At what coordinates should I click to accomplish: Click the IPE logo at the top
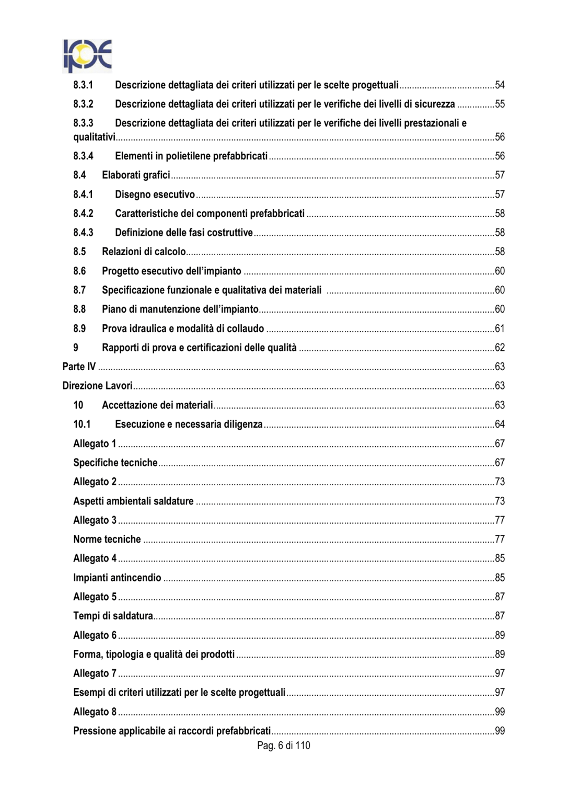(x=87, y=56)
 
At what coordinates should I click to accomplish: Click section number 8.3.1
(x=83, y=85)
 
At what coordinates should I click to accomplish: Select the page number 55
(x=500, y=104)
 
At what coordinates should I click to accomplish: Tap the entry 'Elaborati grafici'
(x=136, y=175)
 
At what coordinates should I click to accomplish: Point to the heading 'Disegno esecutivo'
(x=155, y=194)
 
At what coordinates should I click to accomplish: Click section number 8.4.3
(x=83, y=233)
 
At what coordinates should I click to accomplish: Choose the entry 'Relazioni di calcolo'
(x=144, y=251)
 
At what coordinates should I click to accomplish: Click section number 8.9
(x=79, y=328)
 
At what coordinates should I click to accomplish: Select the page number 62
(x=500, y=348)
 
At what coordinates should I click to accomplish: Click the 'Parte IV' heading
(x=79, y=366)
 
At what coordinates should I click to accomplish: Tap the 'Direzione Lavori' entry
(x=97, y=386)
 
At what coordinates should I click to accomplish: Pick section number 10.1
(x=82, y=424)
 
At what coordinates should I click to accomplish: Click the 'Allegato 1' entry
(x=95, y=443)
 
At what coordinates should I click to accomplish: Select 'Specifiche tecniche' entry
(x=115, y=463)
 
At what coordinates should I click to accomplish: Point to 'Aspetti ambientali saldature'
(x=133, y=501)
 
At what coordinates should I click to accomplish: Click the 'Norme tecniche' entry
(x=107, y=539)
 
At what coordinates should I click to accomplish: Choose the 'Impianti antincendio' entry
(x=117, y=578)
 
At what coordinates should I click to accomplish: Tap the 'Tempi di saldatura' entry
(x=113, y=616)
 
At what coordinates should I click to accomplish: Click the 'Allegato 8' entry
(x=95, y=712)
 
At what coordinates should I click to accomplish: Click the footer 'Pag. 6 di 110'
(x=283, y=745)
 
